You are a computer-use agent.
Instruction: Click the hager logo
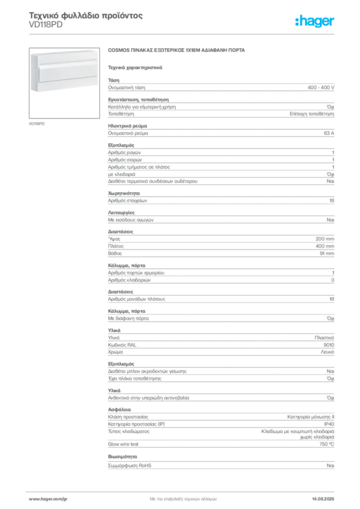pos(314,21)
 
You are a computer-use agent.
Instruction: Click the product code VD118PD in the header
pos(45,25)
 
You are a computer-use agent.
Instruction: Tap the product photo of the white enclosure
pos(64,83)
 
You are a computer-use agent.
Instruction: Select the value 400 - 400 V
pos(321,87)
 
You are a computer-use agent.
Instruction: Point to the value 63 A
pos(329,133)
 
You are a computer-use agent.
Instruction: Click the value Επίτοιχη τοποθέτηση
pos(312,114)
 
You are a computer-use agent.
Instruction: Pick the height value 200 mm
pos(325,239)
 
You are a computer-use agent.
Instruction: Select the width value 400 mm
pos(325,246)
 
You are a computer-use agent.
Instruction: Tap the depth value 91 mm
pos(327,253)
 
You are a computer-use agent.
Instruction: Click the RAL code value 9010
pos(329,345)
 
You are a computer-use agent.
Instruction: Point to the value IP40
pos(329,424)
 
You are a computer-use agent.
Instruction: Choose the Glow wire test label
pos(123,444)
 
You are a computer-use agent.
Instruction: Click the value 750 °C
pos(327,444)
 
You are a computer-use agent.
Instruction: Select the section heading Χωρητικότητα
pos(124,193)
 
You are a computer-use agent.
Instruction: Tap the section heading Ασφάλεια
pos(119,410)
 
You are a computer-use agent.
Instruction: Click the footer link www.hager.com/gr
pos(48,499)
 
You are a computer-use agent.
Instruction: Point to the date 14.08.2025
pos(323,499)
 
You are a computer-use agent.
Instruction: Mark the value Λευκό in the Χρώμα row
pos(327,352)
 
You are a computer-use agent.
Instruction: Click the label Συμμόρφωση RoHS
pos(129,465)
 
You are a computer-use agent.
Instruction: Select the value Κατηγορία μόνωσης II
pos(311,417)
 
